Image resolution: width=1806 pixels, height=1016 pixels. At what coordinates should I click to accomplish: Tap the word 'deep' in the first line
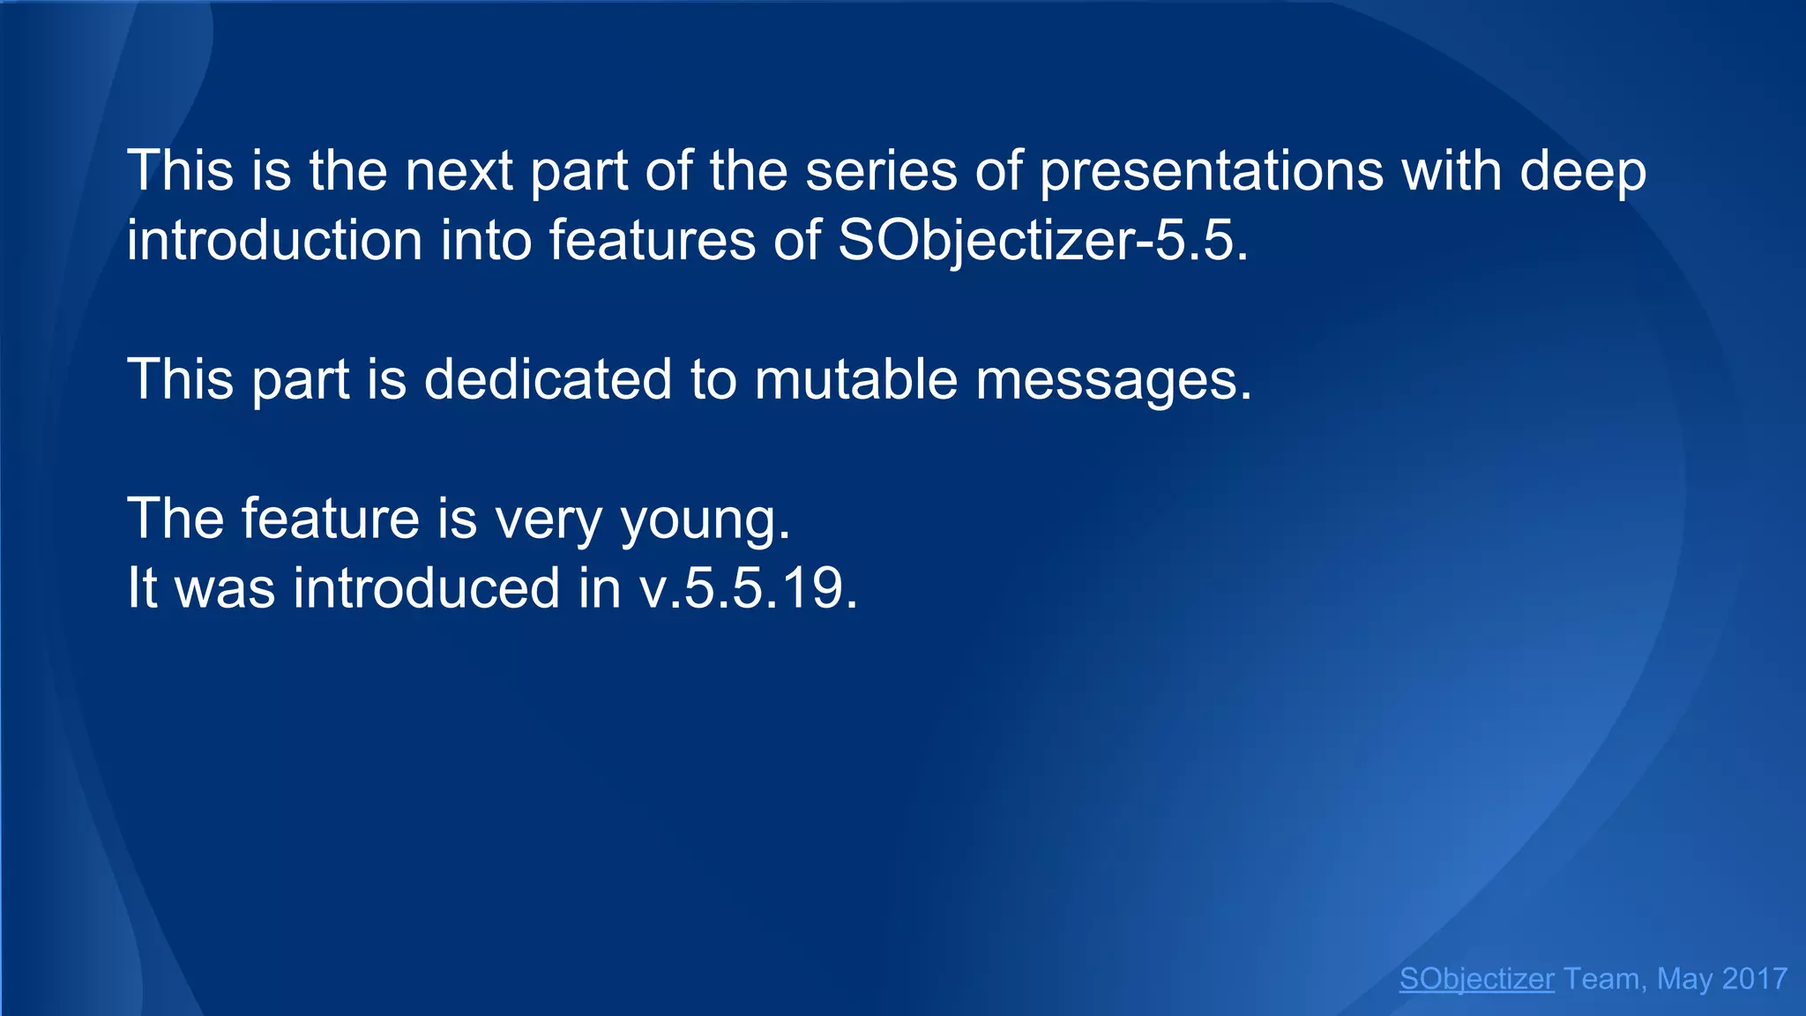point(1582,172)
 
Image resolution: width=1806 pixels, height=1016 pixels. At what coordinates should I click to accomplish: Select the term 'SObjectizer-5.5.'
point(1042,241)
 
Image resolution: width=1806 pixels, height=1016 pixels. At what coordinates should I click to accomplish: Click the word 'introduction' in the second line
point(274,241)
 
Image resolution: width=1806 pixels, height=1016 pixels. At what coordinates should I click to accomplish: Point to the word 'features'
point(652,241)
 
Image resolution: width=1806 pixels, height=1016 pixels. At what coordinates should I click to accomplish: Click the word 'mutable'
point(855,380)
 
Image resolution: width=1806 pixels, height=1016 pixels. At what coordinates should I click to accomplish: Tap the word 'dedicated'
point(548,380)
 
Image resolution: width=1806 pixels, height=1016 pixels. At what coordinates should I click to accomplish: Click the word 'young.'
point(705,519)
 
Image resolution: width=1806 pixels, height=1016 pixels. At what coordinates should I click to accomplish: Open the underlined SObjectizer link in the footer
point(1476,979)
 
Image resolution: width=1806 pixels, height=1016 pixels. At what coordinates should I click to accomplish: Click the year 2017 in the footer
point(1754,979)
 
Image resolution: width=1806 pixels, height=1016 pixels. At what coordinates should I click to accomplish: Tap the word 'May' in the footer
point(1683,979)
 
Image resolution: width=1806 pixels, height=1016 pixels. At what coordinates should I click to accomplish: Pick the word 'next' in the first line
point(459,172)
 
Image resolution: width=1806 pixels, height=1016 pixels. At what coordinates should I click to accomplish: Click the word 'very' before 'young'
point(548,519)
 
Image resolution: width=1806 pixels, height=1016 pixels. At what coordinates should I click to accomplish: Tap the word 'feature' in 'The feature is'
point(330,519)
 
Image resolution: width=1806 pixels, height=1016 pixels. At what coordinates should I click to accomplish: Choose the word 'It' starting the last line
point(142,588)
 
